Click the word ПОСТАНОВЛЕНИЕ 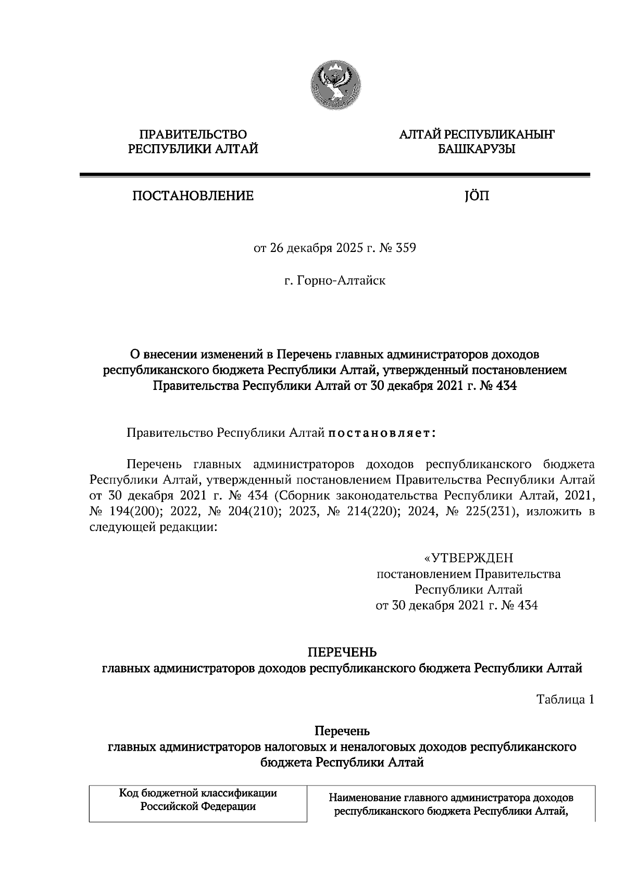[x=192, y=196]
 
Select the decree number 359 [x=405, y=248]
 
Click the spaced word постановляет [x=382, y=433]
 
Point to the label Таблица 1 [x=565, y=700]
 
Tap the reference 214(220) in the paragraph [x=370, y=511]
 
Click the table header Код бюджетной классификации [x=198, y=793]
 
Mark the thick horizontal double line [x=334, y=175]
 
